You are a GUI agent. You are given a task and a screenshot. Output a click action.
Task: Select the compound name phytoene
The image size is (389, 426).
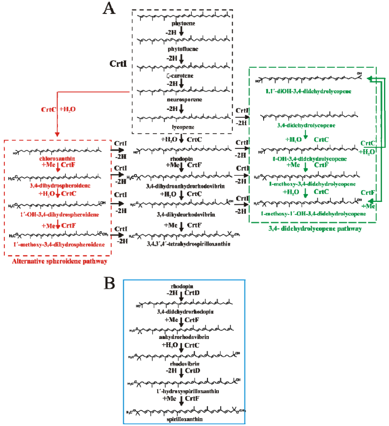(182, 23)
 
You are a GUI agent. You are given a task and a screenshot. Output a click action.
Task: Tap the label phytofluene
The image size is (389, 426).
(182, 49)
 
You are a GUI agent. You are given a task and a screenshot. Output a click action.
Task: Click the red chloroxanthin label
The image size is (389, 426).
(57, 157)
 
